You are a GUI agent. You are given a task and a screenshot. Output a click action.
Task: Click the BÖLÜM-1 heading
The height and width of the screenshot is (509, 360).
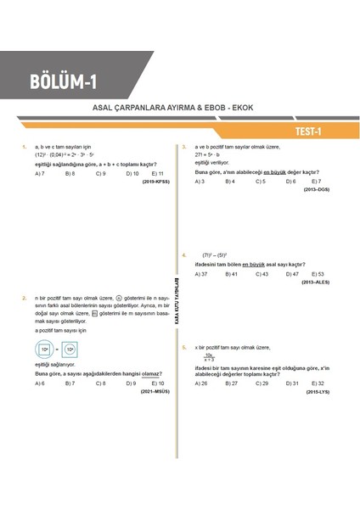pyautogui.click(x=64, y=83)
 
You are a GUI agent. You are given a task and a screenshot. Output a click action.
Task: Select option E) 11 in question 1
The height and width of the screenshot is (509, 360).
pyautogui.click(x=158, y=173)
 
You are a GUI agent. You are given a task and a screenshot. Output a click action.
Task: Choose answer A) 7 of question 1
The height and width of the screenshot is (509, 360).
pyautogui.click(x=40, y=173)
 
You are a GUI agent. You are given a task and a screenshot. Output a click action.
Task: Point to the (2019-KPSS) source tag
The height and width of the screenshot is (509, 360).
pyautogui.click(x=157, y=182)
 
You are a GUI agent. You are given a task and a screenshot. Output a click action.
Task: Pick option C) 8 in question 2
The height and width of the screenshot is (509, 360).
pyautogui.click(x=100, y=383)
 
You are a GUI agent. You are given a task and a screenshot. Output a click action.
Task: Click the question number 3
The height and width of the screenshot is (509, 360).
pyautogui.click(x=183, y=147)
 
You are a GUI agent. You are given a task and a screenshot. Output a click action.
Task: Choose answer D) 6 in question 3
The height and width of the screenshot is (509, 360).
pyautogui.click(x=290, y=182)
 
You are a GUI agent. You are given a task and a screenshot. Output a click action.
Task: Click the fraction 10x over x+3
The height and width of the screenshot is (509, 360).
pyautogui.click(x=209, y=357)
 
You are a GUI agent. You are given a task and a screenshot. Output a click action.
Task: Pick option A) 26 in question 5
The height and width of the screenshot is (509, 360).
pyautogui.click(x=201, y=383)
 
